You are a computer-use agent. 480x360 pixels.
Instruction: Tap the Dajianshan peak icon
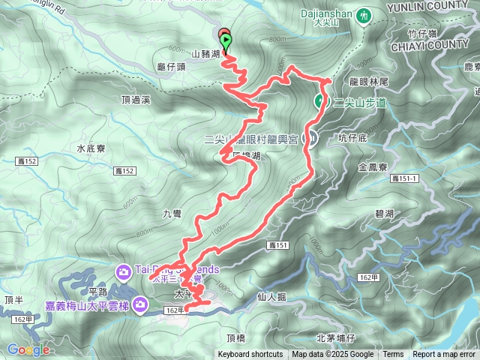pos(364,14)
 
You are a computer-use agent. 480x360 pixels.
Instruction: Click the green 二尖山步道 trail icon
pos(319,102)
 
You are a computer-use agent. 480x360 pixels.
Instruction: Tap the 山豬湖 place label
pos(205,54)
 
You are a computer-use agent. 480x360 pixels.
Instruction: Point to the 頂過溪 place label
pos(136,99)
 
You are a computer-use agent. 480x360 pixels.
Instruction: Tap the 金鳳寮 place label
pos(372,167)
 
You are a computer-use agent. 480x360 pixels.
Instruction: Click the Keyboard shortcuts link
pos(250,355)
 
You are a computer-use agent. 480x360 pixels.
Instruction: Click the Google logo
pos(28,349)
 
